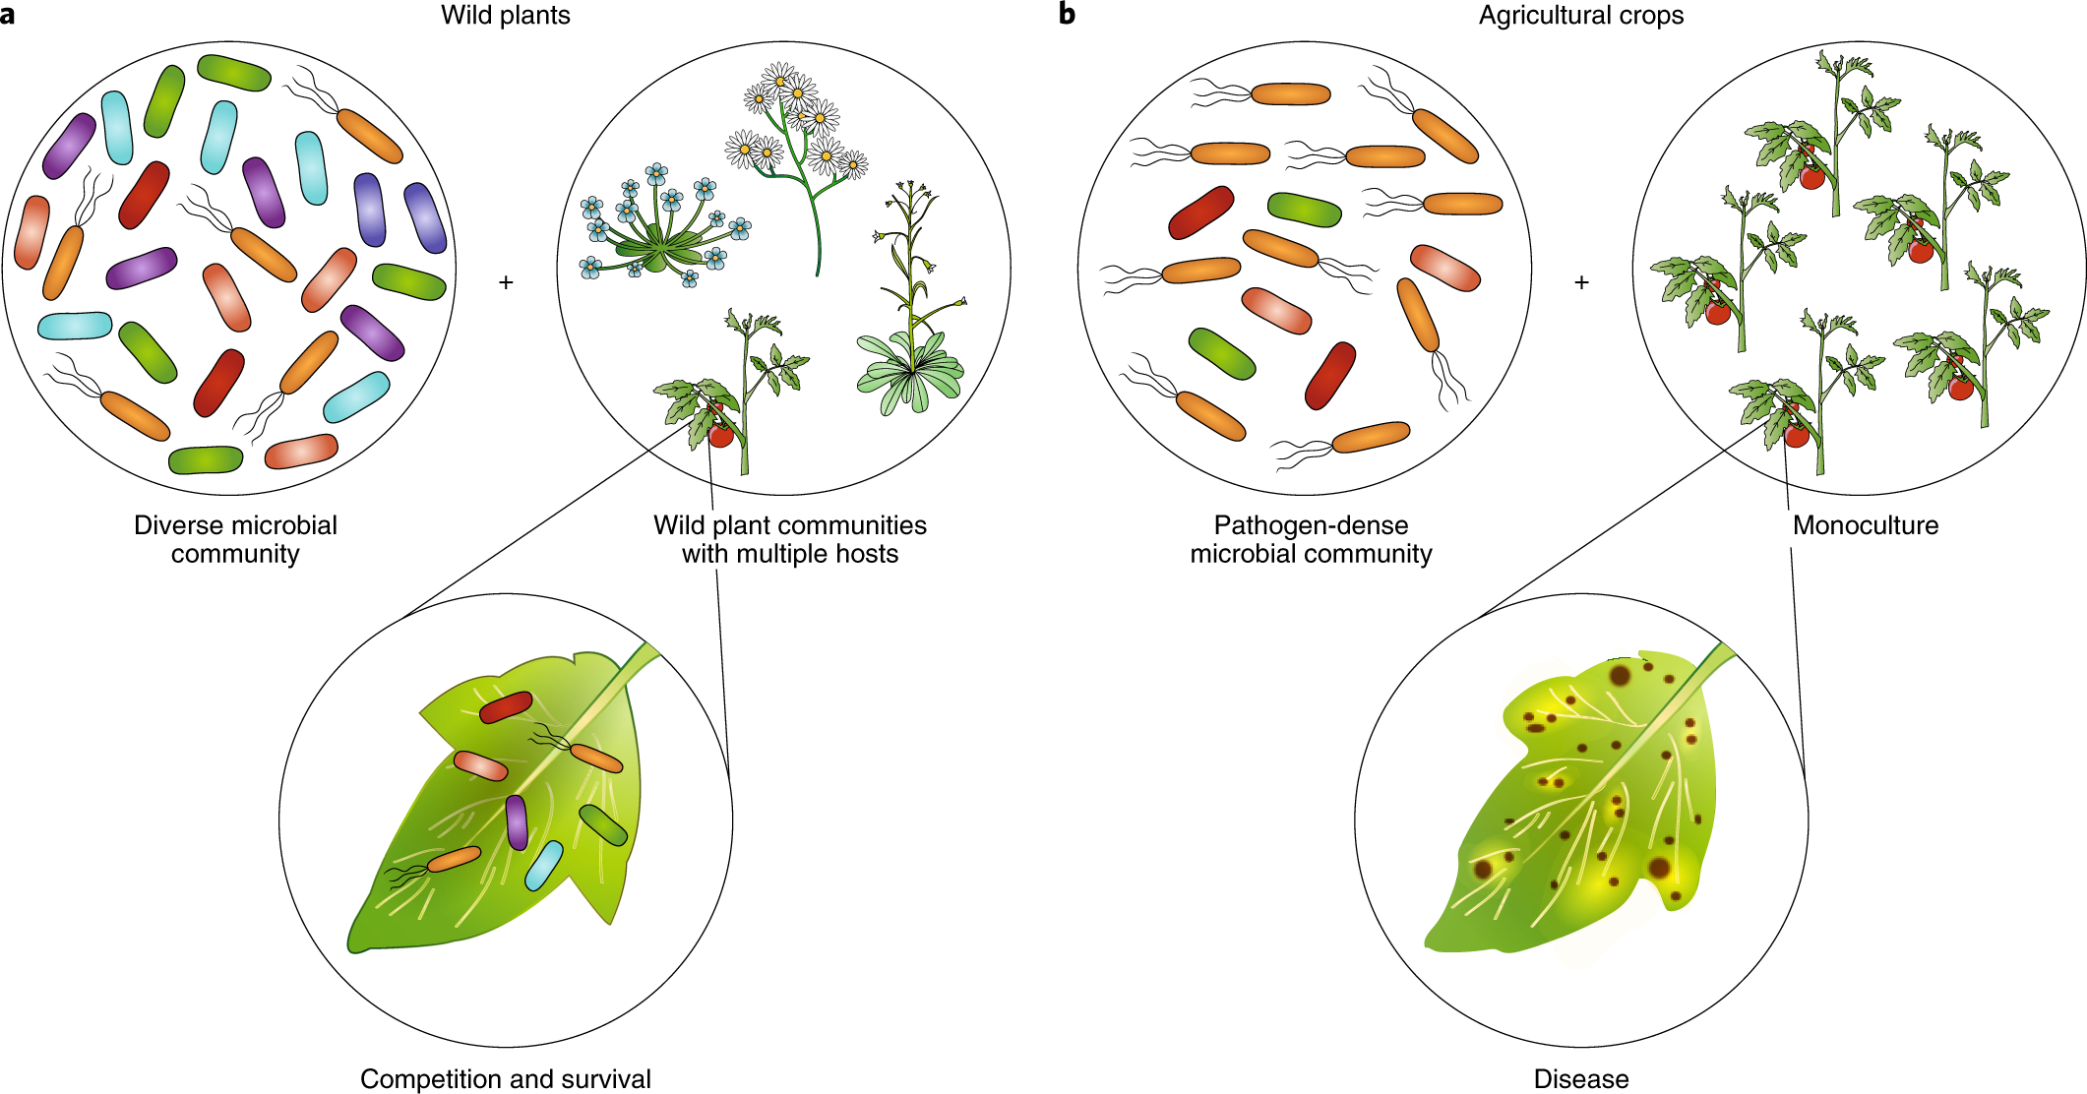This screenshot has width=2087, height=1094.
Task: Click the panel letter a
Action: pos(8,16)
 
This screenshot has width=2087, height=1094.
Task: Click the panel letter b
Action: pos(1067,15)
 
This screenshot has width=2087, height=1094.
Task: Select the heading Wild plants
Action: pos(505,16)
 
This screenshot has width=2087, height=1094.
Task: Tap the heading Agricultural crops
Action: pos(1580,16)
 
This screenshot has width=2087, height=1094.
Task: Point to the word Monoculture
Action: pos(1865,525)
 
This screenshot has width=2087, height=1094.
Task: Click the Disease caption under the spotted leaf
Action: pos(1580,1079)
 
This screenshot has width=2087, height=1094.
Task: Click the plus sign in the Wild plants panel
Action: pos(506,283)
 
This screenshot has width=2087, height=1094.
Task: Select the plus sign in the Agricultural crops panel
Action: pos(1581,283)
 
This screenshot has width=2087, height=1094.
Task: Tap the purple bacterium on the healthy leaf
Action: pos(517,822)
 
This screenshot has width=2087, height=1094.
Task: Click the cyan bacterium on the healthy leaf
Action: pos(544,866)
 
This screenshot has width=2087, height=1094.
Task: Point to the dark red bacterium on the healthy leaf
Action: pos(506,706)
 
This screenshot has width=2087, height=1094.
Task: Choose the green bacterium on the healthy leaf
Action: pos(603,825)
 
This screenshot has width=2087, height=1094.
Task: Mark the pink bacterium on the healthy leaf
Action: pos(480,765)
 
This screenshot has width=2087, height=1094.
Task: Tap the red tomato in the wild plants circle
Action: pos(721,434)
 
